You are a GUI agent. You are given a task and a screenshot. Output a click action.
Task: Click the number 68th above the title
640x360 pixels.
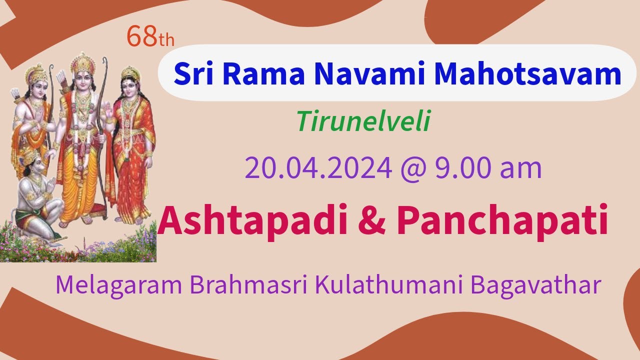150,37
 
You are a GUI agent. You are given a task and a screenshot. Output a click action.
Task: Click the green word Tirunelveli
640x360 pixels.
362,121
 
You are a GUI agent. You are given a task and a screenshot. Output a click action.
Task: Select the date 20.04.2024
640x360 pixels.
318,168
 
